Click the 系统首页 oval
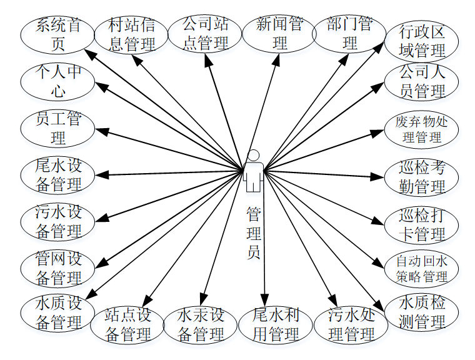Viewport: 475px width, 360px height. tap(58, 35)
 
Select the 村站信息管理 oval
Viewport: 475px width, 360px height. tap(131, 35)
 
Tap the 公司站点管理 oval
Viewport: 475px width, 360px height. tap(205, 34)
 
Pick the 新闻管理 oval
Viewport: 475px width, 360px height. tap(279, 34)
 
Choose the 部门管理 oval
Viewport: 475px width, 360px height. tap(349, 34)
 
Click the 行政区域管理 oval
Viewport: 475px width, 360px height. tap(422, 41)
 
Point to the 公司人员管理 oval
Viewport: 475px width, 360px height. tap(422, 82)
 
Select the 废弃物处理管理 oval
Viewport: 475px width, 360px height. tap(422, 129)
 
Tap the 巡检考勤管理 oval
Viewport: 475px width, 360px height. tap(422, 177)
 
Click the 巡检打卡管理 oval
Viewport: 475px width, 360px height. tap(422, 225)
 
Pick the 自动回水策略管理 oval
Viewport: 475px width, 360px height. tap(422, 268)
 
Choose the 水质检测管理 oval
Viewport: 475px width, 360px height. tap(422, 312)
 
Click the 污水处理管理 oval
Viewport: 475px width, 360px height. tap(351, 324)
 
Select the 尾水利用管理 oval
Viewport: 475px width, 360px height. tap(276, 324)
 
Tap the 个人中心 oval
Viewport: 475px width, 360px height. tap(58, 82)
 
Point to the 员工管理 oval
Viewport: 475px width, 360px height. tap(58, 128)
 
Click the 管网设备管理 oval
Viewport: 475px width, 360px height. tap(58, 267)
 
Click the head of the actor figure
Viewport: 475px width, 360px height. tap(253, 155)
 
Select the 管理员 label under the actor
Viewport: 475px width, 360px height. tap(253, 234)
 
